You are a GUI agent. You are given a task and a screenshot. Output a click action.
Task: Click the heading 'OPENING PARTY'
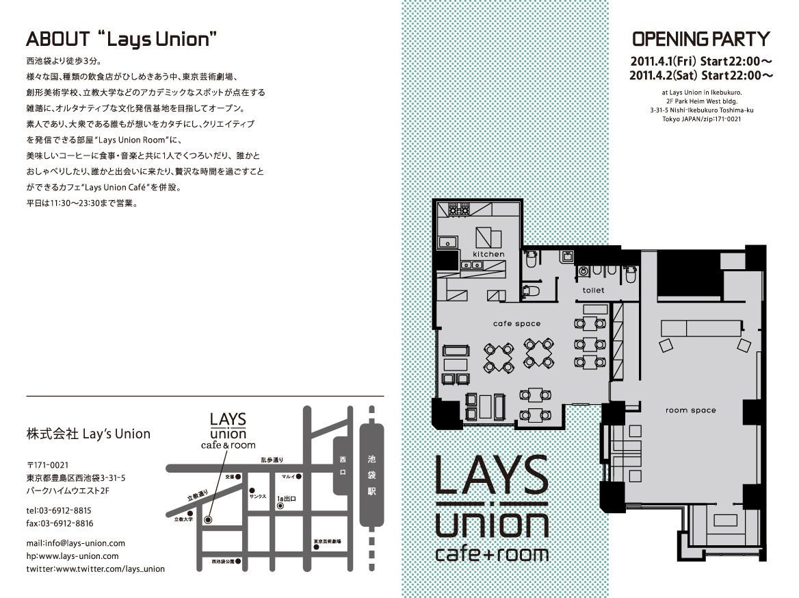[700, 38]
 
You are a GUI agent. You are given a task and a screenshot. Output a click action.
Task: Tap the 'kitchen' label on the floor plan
[488, 254]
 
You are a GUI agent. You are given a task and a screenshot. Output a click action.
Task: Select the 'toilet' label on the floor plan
[593, 290]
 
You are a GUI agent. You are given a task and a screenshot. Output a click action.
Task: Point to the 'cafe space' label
[516, 324]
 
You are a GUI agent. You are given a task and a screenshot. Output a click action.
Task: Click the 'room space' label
[690, 411]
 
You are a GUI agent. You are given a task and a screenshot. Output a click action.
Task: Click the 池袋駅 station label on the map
[371, 475]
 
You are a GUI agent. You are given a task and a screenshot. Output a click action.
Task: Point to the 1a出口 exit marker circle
[280, 506]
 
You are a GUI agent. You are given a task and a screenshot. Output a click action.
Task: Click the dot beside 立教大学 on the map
[188, 513]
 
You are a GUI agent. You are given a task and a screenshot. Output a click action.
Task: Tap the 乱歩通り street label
[271, 461]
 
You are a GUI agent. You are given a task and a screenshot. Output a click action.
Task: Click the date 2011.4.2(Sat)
[662, 74]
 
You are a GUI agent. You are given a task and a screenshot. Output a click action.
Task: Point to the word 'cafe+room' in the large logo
[492, 552]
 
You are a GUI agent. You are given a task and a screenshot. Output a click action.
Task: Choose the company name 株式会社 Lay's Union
[88, 434]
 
